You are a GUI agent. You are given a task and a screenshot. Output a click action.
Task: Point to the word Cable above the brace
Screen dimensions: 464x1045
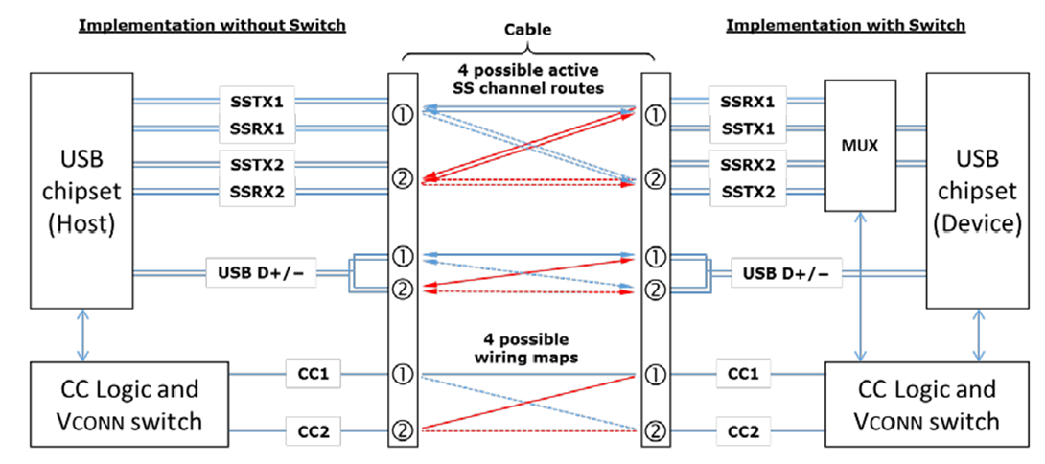[x=527, y=29]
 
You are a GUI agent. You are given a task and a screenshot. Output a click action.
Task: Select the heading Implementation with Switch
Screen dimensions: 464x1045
[x=846, y=25]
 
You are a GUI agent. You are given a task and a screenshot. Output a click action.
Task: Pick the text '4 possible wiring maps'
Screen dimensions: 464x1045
[x=525, y=348]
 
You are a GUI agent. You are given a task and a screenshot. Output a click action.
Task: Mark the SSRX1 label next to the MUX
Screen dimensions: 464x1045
[x=749, y=101]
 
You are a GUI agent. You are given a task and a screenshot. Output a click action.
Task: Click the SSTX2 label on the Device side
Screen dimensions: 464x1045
[x=749, y=192]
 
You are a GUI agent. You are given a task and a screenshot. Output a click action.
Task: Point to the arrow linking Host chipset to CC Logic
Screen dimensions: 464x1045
[x=86, y=336]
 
